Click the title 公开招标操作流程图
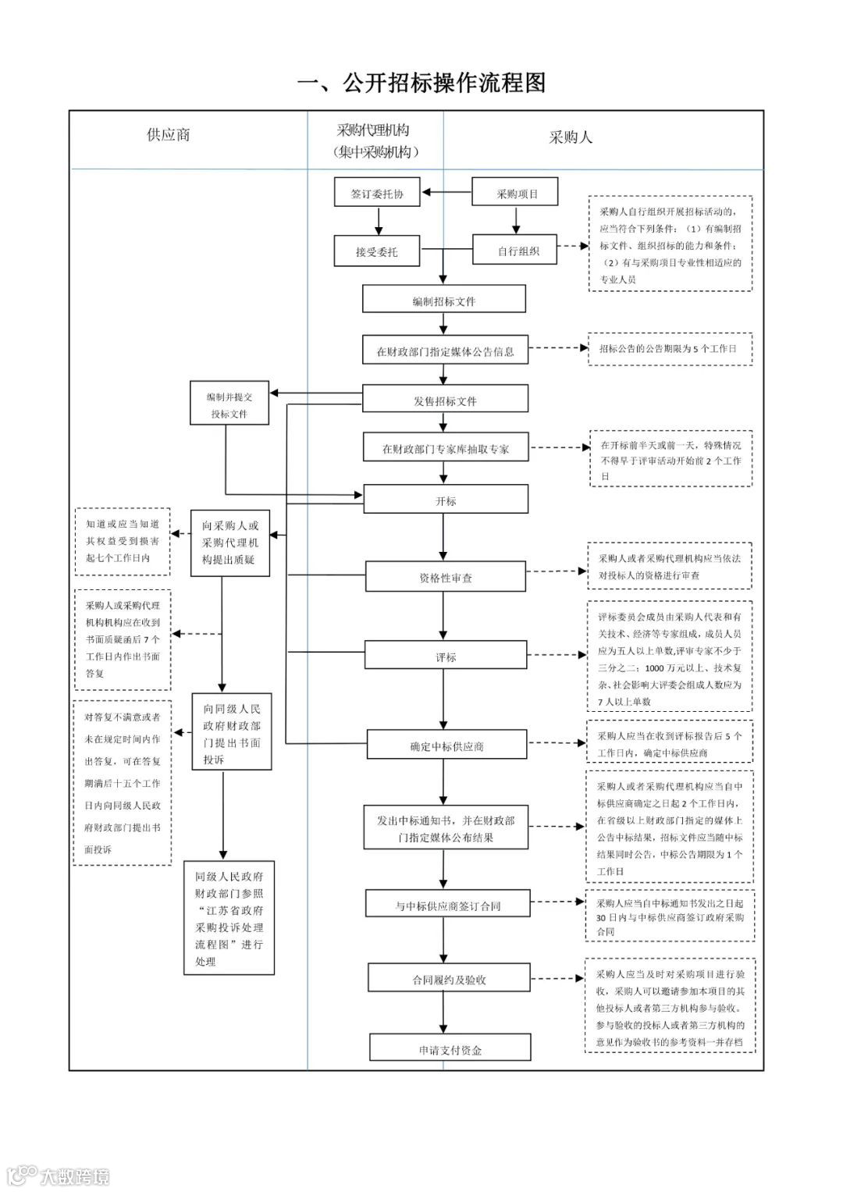click(421, 83)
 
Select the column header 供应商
click(168, 134)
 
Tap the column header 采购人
click(571, 137)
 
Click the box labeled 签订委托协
click(377, 191)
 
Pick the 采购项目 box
click(514, 191)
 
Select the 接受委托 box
click(377, 251)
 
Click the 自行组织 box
click(514, 249)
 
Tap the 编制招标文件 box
click(444, 298)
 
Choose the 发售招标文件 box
click(445, 398)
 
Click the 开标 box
click(446, 499)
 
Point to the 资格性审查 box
click(446, 576)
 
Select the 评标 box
click(446, 654)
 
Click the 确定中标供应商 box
click(446, 744)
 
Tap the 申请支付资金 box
click(450, 1048)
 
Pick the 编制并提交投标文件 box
click(229, 403)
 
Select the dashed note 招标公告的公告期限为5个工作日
click(670, 349)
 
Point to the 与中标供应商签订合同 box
click(447, 903)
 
